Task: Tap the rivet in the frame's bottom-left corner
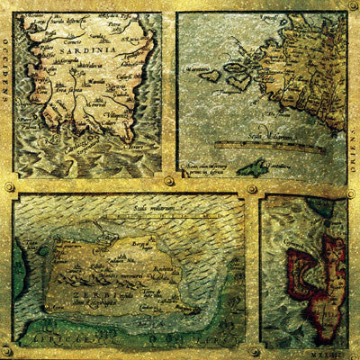[8, 351]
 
